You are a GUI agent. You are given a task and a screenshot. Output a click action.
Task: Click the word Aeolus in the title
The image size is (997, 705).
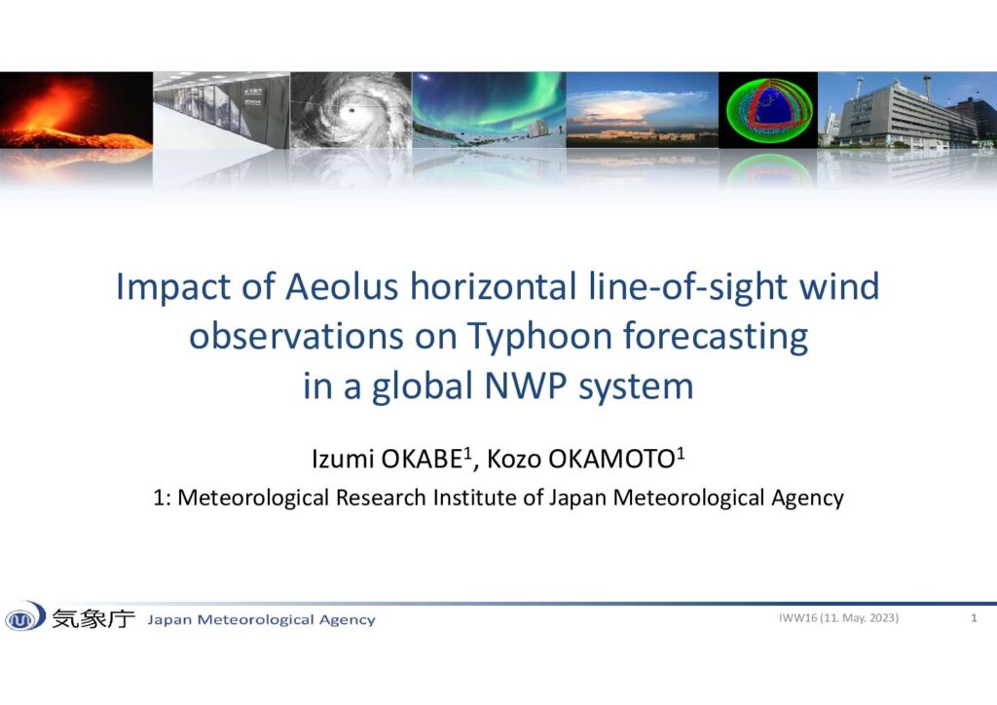342,286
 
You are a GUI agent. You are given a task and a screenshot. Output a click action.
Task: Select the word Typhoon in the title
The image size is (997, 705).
539,336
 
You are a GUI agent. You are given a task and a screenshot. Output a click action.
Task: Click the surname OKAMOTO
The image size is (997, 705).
612,459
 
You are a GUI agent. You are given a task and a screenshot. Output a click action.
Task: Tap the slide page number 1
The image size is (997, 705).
974,618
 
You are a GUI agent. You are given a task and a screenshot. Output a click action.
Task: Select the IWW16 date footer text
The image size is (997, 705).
838,618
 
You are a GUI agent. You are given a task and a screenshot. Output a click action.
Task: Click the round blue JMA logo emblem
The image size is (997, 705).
24,616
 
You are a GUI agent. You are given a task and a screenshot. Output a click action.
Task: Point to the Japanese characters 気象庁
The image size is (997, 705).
93,618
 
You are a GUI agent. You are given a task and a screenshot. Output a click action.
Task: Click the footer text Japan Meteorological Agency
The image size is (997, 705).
261,619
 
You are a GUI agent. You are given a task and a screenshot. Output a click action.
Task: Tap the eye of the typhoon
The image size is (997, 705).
350,112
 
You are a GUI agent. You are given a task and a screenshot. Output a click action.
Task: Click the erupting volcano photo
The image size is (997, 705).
76,110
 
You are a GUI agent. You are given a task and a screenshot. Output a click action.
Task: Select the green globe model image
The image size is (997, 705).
769,110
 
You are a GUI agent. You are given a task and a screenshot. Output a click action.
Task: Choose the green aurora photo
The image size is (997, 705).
489,110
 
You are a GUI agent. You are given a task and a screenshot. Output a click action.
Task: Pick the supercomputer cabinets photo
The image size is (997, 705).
222,110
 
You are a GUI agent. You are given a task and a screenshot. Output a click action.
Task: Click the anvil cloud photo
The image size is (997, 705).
643,110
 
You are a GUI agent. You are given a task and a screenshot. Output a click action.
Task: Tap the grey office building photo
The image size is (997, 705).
907,110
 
